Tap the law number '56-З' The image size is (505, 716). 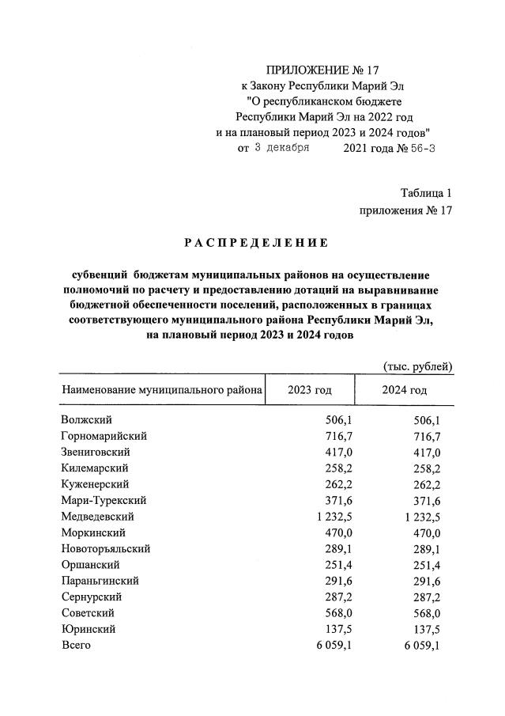tap(418, 148)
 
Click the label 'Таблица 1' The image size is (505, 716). tap(426, 192)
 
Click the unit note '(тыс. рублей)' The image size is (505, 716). tap(417, 366)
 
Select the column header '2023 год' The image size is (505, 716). tap(310, 391)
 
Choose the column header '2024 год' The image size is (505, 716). tap(404, 391)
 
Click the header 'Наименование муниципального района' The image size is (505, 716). tap(160, 391)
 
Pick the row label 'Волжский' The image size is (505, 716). tap(85, 420)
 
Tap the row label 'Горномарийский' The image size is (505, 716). tap(104, 436)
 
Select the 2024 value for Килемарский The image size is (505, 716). tap(423, 468)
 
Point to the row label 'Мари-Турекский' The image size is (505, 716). tap(103, 500)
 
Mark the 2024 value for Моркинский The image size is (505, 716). tap(423, 532)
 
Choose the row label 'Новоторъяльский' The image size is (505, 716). tap(105, 548)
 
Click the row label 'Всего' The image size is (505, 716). tap(76, 645)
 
